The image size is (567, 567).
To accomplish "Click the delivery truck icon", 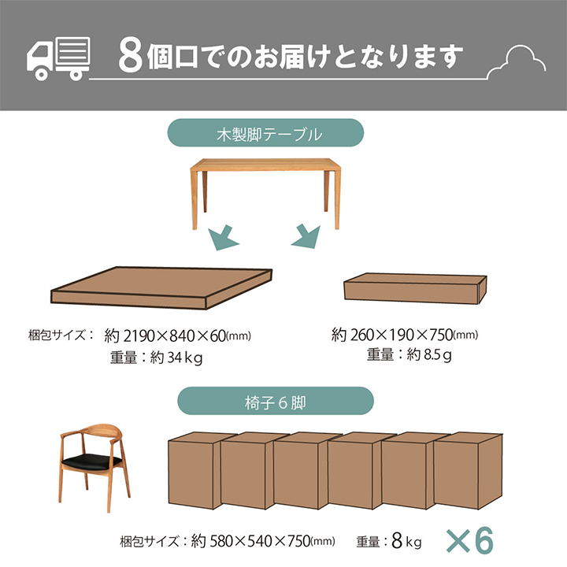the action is (x=58, y=58).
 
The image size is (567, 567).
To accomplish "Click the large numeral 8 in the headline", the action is (x=131, y=57).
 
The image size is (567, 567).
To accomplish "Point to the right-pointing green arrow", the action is (x=306, y=236).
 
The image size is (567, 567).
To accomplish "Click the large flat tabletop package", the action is (x=161, y=287).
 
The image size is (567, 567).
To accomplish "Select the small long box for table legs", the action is (x=415, y=288).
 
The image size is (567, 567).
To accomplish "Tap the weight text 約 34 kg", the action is (x=176, y=358).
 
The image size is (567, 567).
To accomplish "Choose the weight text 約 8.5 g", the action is (x=429, y=354).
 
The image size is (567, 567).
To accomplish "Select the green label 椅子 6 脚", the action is (x=276, y=401).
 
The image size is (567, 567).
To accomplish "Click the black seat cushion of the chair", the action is (x=91, y=461).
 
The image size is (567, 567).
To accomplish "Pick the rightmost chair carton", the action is (x=468, y=471).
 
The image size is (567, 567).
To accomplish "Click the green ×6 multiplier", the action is (x=470, y=540).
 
